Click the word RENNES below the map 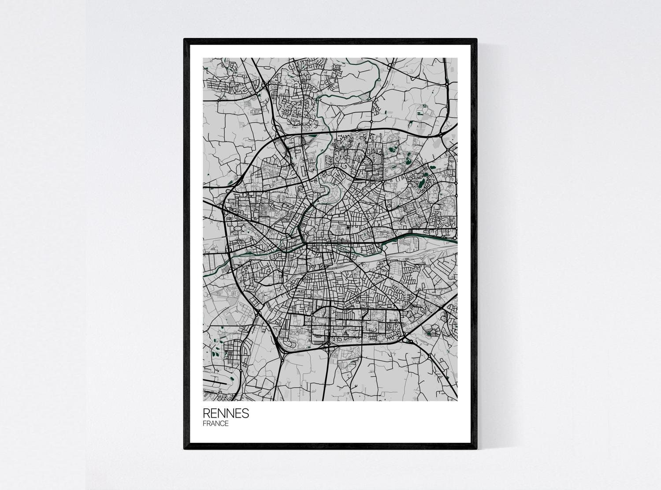point(226,414)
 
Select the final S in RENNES point(245,414)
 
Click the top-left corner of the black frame point(185,40)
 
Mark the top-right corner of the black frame point(476,40)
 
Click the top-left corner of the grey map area point(203,58)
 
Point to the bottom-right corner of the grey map point(457,400)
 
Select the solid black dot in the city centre point(348,227)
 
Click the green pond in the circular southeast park point(429,334)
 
